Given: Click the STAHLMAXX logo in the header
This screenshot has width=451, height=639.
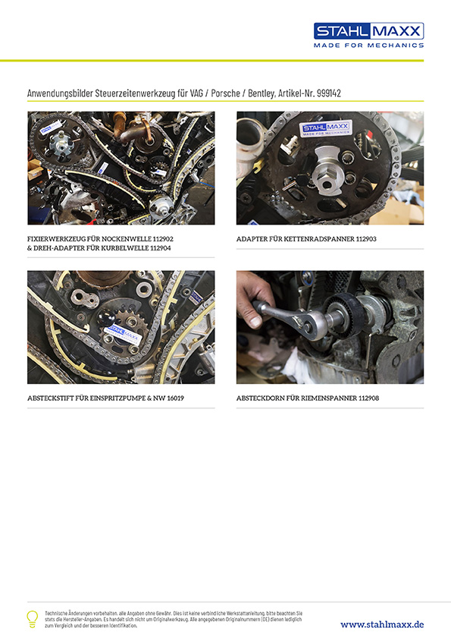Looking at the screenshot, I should [x=368, y=31].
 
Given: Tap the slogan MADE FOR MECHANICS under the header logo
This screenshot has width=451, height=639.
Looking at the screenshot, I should [x=368, y=46].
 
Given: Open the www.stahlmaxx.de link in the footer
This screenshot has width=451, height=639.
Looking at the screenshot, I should [x=382, y=624].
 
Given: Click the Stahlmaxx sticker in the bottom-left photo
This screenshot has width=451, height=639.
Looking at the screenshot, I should [x=126, y=332].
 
